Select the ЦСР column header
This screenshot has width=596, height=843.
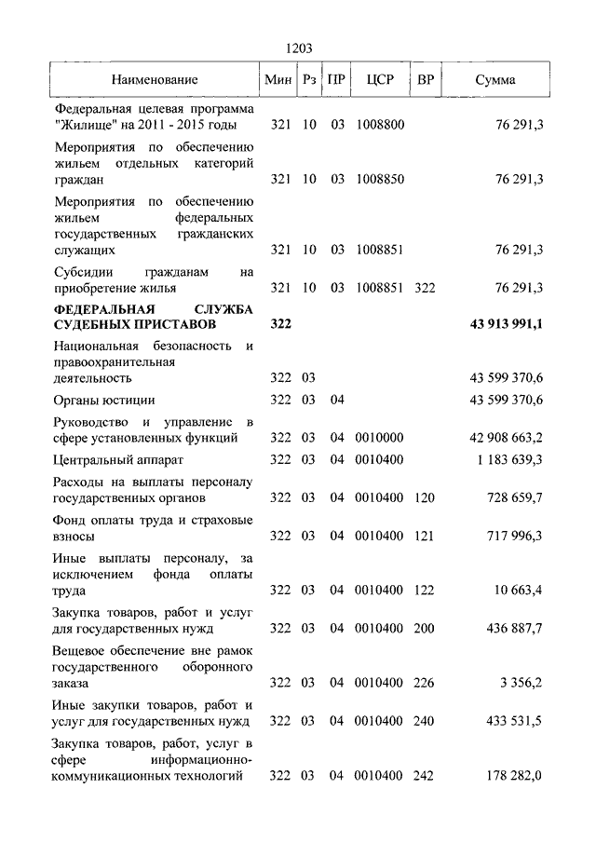380,80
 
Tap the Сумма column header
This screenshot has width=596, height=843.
494,80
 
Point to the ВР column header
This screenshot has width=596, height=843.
425,80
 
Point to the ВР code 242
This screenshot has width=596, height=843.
425,775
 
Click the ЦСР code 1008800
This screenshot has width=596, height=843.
380,124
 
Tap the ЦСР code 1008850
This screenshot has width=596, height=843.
380,178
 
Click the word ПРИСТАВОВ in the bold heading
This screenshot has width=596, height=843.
173,324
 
